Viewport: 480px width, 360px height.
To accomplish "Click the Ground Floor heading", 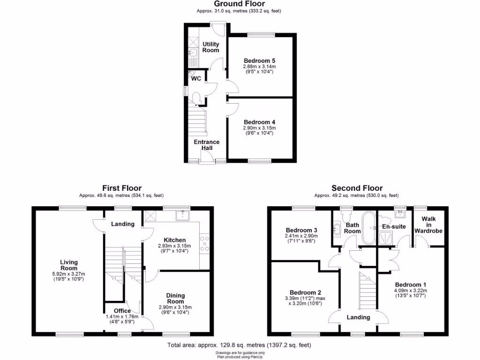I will pyautogui.click(x=240, y=4).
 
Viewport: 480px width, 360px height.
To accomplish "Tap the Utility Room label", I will pyautogui.click(x=210, y=47).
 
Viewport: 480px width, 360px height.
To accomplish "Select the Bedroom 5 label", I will pyautogui.click(x=259, y=61).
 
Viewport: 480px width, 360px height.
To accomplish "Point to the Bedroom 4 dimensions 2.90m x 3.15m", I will pyautogui.click(x=259, y=128).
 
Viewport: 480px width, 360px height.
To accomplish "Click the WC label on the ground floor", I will pyautogui.click(x=196, y=79).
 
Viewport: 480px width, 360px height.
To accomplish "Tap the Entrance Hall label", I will pyautogui.click(x=207, y=145).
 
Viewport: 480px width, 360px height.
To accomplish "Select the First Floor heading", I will pyautogui.click(x=122, y=188).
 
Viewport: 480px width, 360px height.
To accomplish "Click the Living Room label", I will pyautogui.click(x=68, y=265).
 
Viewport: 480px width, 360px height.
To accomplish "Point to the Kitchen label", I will pyautogui.click(x=174, y=240).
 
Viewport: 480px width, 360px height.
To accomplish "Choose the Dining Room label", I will pyautogui.click(x=175, y=299).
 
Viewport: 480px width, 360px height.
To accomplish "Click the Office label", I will pyautogui.click(x=122, y=311).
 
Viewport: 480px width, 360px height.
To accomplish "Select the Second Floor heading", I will pyautogui.click(x=357, y=188).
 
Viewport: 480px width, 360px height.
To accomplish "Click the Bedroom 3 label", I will pyautogui.click(x=301, y=230).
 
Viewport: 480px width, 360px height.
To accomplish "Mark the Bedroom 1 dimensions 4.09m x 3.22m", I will pyautogui.click(x=411, y=291).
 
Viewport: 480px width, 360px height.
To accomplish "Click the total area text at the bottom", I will pyautogui.click(x=239, y=345).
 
